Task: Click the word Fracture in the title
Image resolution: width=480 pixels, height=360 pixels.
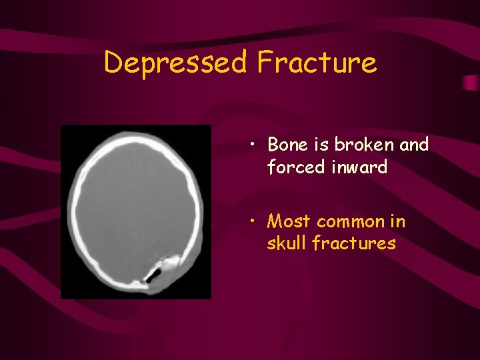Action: point(317,63)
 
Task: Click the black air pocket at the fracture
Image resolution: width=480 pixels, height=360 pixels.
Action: point(155,274)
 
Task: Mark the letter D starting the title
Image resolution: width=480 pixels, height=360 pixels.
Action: point(114,63)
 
